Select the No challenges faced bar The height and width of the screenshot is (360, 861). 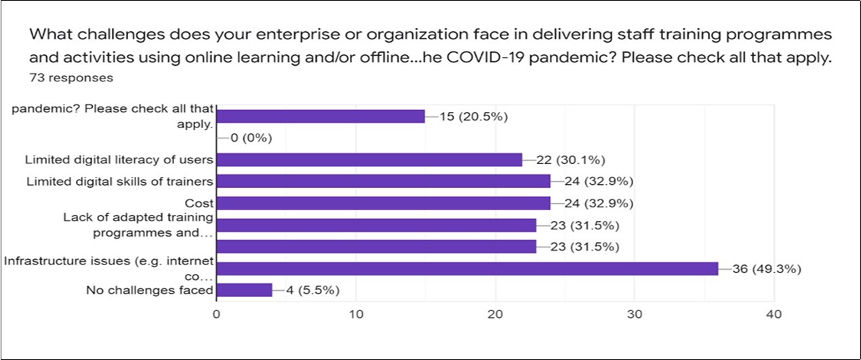244,290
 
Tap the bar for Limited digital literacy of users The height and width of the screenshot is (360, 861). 369,159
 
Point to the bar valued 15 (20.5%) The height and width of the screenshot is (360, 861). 320,116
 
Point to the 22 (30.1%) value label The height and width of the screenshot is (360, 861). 570,160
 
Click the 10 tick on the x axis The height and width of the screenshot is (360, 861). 355,315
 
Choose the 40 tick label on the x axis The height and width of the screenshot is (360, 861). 774,315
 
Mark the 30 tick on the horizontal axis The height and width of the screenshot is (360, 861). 634,315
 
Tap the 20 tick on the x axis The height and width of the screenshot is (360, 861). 495,315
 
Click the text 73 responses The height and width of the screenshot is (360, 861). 71,78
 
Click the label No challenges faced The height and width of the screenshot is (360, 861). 150,291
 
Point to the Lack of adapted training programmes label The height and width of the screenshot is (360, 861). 138,224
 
